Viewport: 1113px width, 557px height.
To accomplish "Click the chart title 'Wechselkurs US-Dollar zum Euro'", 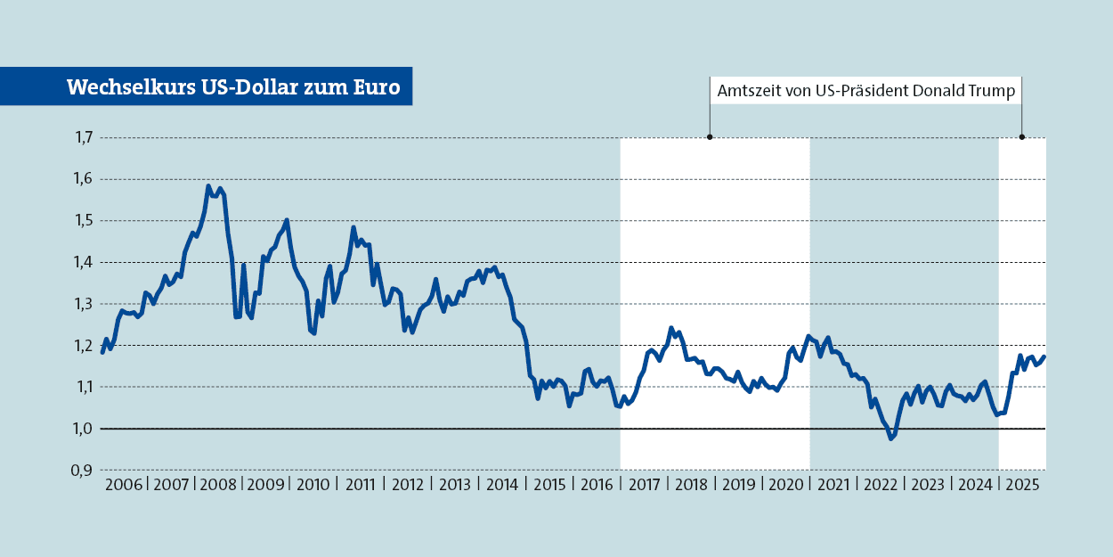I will point(233,87).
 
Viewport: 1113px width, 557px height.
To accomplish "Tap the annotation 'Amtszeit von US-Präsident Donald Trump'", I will point(865,91).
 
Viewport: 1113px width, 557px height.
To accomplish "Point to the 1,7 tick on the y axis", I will point(84,137).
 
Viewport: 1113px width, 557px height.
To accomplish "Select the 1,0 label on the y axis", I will point(84,429).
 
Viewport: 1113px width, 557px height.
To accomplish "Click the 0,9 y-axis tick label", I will point(84,471).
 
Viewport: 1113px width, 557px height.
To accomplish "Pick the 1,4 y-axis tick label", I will point(84,262).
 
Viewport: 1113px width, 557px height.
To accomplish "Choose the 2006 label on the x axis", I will point(124,486).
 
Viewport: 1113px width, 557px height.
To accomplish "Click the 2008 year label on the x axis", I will point(218,486).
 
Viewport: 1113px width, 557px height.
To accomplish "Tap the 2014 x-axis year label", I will point(502,486).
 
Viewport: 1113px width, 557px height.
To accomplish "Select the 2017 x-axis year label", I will point(644,486).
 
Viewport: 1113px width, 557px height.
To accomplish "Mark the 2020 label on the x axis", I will point(785,486).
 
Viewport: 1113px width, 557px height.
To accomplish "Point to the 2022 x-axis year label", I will point(880,486).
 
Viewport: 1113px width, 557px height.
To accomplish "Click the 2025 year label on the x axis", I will point(1021,486).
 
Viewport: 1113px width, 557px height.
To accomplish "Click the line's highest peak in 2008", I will point(208,186).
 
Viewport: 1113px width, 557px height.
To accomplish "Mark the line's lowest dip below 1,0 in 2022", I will point(890,438).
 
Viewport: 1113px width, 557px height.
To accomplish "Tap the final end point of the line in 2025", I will point(1044,357).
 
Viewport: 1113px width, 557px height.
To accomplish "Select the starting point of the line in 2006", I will point(102,352).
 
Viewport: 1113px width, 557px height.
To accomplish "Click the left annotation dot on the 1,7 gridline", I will point(710,137).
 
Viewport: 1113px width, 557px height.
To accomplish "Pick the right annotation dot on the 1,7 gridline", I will point(1021,137).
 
